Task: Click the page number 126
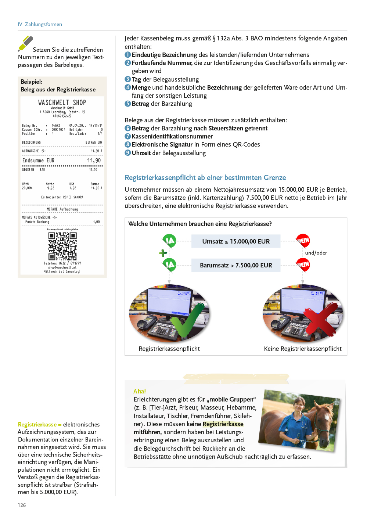[22, 505]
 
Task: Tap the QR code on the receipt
[62, 246]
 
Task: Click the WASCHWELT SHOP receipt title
[62, 102]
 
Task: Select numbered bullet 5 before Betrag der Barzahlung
[128, 104]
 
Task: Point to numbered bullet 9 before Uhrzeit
[128, 153]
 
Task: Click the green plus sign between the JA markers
[163, 253]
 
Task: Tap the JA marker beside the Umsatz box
[170, 241]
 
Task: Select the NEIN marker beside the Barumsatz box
[303, 264]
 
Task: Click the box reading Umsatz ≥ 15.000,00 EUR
[236, 241]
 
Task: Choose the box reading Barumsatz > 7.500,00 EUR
[236, 265]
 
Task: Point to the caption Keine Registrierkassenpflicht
[303, 349]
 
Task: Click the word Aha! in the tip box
[140, 391]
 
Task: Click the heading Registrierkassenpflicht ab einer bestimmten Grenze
[205, 178]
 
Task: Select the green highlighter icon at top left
[26, 43]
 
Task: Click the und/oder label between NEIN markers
[316, 253]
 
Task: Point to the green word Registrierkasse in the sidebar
[37, 424]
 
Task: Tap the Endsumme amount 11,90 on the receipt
[94, 161]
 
